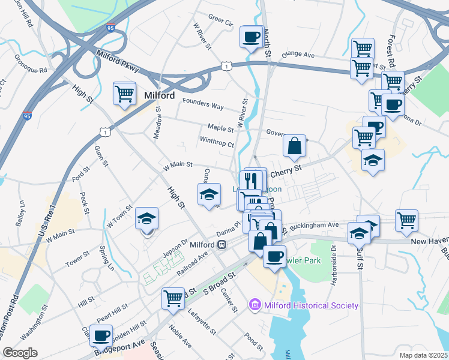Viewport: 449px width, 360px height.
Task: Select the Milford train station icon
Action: (222, 245)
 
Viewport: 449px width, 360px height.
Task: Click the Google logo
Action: (20, 353)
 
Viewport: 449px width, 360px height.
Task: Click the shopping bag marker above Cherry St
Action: (294, 146)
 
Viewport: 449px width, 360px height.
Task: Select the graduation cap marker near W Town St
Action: (146, 220)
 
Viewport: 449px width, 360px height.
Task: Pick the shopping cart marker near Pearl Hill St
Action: (173, 298)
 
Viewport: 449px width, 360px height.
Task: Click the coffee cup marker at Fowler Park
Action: (274, 256)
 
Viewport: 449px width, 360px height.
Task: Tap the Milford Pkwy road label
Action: (117, 62)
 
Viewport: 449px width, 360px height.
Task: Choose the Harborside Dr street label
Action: (332, 257)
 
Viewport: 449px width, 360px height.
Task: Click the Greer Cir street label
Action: (220, 22)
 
